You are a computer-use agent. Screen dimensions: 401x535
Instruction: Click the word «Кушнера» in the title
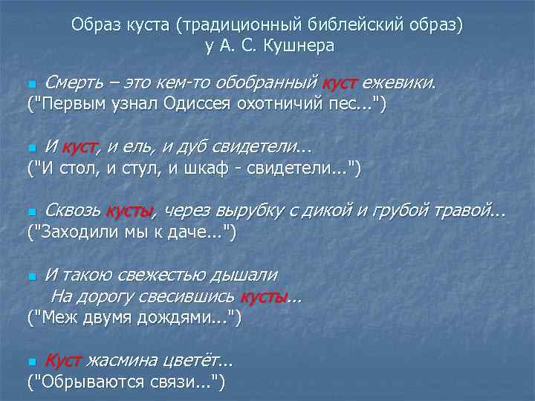[297, 45]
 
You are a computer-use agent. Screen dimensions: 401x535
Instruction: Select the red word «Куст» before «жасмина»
[63, 361]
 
